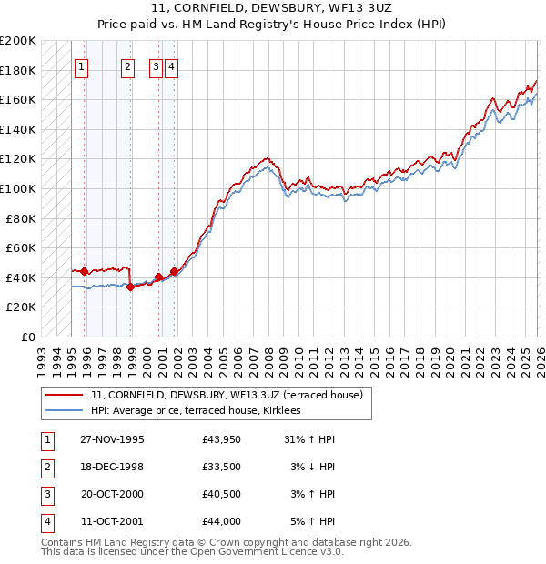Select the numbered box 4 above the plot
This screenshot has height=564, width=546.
point(172,66)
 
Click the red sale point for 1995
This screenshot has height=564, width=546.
point(85,271)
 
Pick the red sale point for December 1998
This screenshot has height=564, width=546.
point(131,287)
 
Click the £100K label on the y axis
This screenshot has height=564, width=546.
point(19,188)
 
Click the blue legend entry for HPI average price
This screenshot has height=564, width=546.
point(201,411)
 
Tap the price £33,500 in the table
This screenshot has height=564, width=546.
point(222,467)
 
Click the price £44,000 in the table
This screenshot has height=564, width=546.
point(222,521)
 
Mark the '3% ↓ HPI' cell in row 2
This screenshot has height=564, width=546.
point(313,467)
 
